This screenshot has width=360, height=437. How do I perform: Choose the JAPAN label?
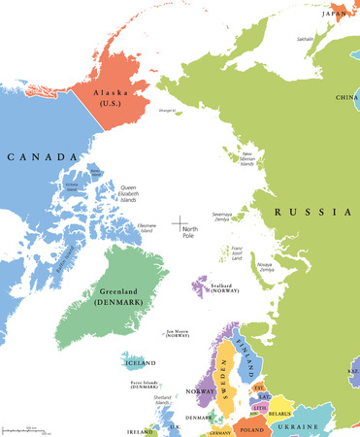(336, 14)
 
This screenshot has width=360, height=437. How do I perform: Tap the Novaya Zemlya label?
(265, 266)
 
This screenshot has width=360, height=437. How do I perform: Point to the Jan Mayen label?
(178, 331)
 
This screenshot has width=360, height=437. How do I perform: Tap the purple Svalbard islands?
(200, 287)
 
